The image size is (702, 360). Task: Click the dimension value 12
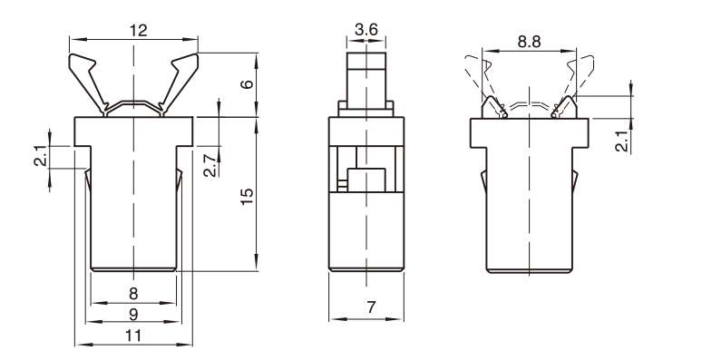coord(139,31)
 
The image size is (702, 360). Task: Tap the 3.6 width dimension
coord(366,30)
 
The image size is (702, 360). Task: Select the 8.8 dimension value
coord(529,42)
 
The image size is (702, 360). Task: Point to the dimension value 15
coord(247,196)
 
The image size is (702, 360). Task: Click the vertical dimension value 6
coord(247,83)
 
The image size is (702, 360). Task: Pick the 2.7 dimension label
coord(210,165)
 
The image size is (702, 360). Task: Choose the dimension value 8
coord(133,294)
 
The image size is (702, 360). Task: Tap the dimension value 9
coord(133,315)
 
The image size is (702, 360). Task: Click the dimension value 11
coord(133,335)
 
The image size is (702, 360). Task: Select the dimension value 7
coord(371,307)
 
